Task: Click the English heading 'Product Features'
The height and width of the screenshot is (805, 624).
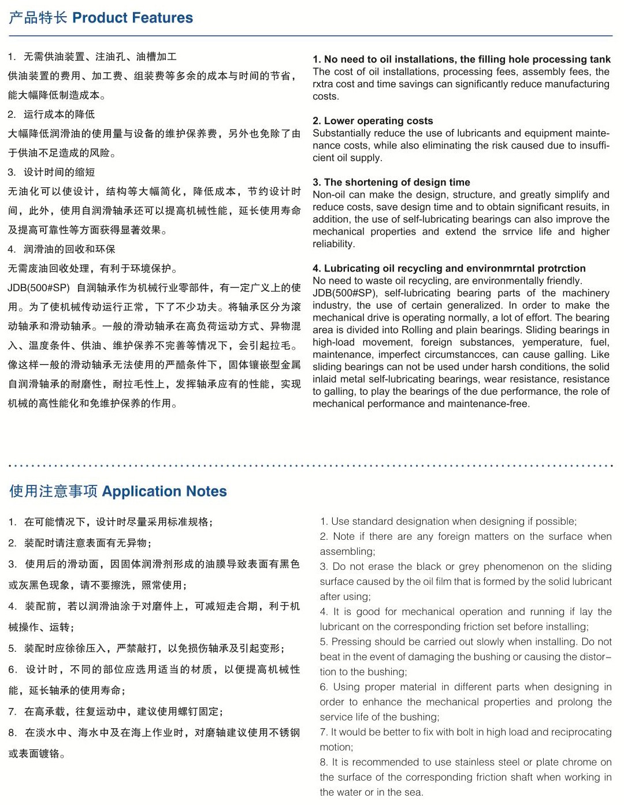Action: [132, 18]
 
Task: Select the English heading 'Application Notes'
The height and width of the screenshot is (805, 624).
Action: [164, 491]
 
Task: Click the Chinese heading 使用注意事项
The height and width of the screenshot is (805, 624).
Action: [53, 491]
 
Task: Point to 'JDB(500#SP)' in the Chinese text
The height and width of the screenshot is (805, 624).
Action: [39, 288]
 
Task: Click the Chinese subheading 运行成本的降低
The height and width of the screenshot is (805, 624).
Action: [59, 114]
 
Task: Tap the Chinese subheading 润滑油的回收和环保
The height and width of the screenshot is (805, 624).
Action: [69, 249]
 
